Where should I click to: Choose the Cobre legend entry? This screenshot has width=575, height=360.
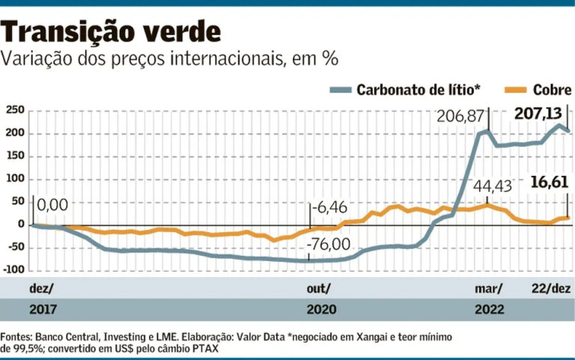pyautogui.click(x=552, y=91)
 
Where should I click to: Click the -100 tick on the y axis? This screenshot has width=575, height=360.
pyautogui.click(x=14, y=269)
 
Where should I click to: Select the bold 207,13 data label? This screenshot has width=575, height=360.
pyautogui.click(x=538, y=114)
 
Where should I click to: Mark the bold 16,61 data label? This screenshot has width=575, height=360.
pyautogui.click(x=550, y=182)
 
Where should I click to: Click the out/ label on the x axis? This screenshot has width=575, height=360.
pyautogui.click(x=317, y=289)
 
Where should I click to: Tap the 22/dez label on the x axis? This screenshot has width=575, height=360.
pyautogui.click(x=550, y=289)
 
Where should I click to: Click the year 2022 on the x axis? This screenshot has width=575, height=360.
pyautogui.click(x=488, y=309)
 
